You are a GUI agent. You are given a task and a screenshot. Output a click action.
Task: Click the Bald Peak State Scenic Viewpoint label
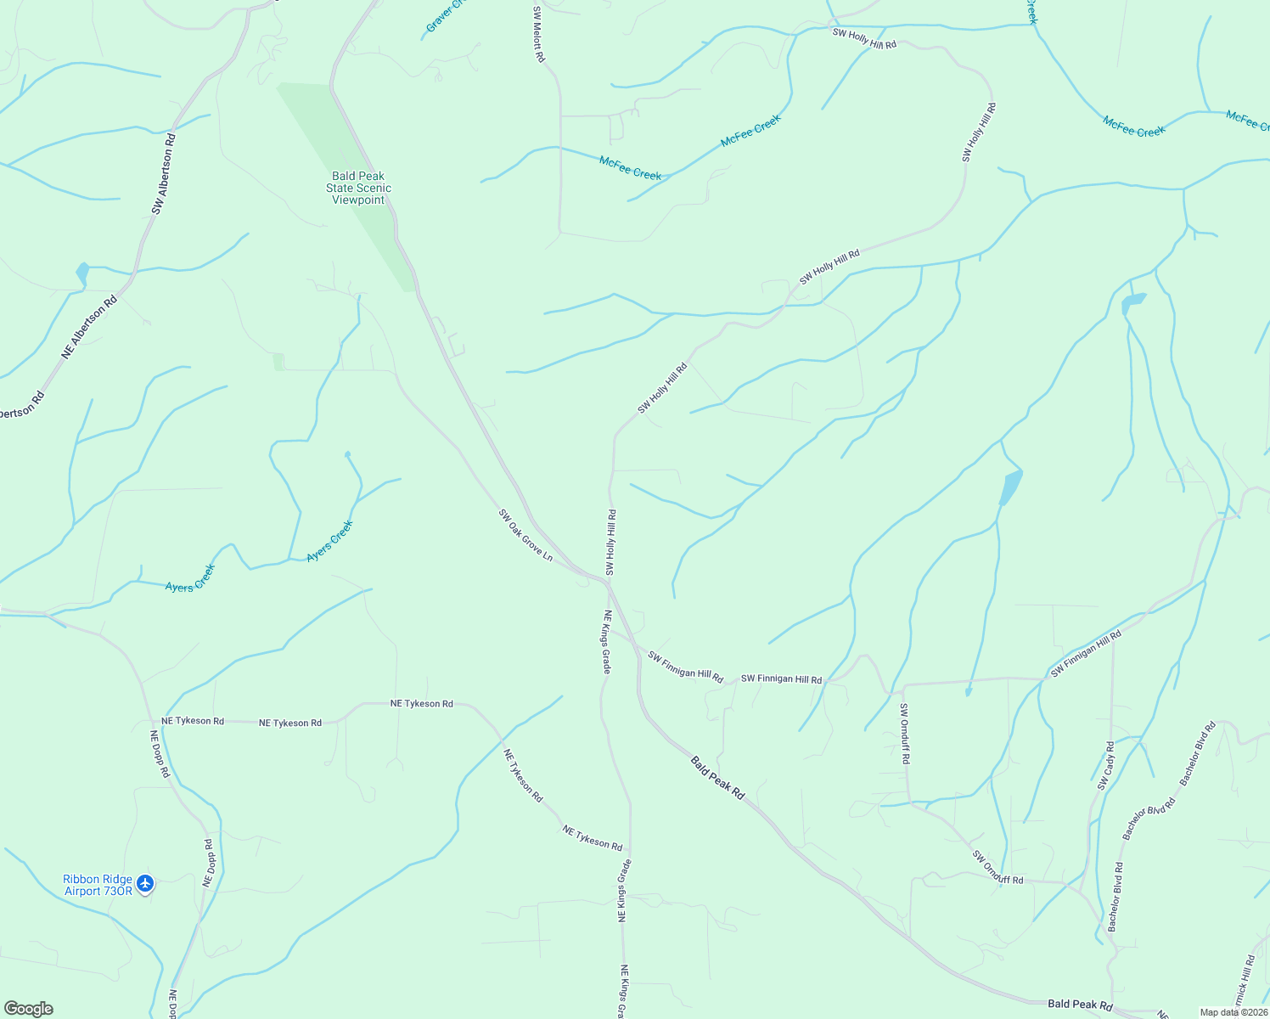click(x=358, y=188)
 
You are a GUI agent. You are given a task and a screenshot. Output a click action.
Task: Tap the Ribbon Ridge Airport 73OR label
click(x=98, y=885)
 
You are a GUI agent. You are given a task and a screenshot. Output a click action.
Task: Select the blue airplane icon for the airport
click(x=145, y=884)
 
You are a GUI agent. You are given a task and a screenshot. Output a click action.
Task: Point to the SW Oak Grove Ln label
click(x=525, y=535)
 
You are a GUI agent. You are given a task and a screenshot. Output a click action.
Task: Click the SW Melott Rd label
click(x=538, y=34)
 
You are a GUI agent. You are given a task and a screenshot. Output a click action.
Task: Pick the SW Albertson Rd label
click(x=164, y=173)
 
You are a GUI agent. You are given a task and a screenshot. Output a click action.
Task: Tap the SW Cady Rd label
click(x=1106, y=766)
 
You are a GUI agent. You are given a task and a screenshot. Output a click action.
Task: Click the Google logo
click(x=27, y=1009)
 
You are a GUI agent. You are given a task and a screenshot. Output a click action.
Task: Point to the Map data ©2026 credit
click(x=1233, y=1012)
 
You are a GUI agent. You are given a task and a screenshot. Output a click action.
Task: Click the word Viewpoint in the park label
click(x=358, y=200)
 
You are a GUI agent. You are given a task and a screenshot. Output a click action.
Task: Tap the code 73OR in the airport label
click(x=117, y=891)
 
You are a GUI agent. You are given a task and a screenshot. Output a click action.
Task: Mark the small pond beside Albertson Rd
click(x=82, y=273)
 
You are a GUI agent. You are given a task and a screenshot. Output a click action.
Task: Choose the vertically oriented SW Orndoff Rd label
click(x=905, y=734)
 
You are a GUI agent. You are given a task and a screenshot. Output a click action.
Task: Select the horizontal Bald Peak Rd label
click(x=1080, y=1005)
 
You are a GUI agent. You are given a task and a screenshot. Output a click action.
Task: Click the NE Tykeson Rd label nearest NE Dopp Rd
click(x=193, y=721)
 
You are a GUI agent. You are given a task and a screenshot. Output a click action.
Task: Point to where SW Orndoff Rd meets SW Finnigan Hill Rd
click(x=902, y=684)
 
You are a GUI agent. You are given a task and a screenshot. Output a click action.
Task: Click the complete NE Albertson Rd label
click(x=89, y=326)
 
